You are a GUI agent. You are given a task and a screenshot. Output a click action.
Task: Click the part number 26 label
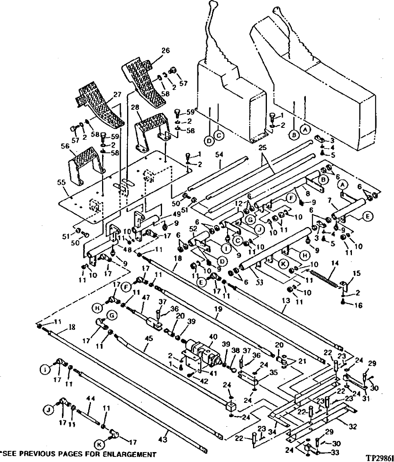tap(166, 50)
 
